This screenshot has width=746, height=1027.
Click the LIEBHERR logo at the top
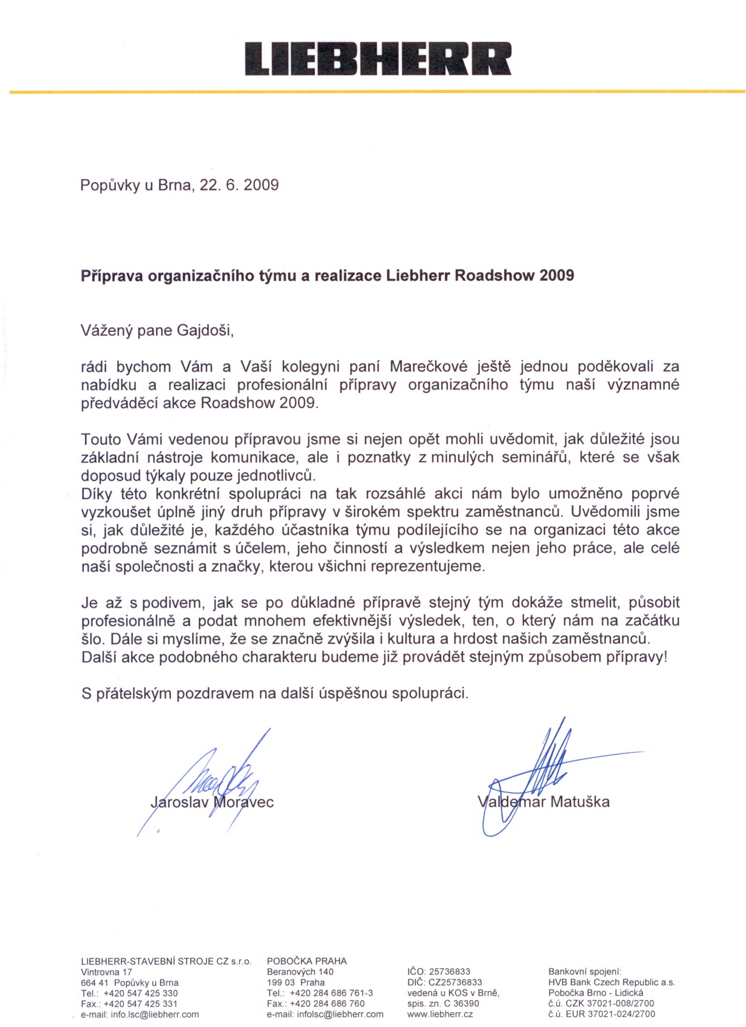(x=378, y=59)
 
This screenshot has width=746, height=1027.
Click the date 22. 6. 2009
(x=239, y=184)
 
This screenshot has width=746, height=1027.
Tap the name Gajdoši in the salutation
(x=205, y=330)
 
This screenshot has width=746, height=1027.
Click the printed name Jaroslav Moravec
(x=212, y=802)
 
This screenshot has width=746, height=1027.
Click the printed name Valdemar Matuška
(x=543, y=802)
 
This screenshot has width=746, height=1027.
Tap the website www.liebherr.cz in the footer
(x=440, y=1014)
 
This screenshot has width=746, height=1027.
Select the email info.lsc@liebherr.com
(x=155, y=1014)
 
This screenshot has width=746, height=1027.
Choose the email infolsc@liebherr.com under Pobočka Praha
(x=340, y=1014)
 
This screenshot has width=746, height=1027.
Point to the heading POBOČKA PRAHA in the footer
(x=306, y=961)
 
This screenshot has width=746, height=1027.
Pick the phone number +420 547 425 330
(x=140, y=993)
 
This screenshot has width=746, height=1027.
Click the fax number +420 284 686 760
(x=327, y=1004)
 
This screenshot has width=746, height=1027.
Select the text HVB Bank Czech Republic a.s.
(x=611, y=982)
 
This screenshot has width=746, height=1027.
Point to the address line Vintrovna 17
(x=107, y=972)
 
